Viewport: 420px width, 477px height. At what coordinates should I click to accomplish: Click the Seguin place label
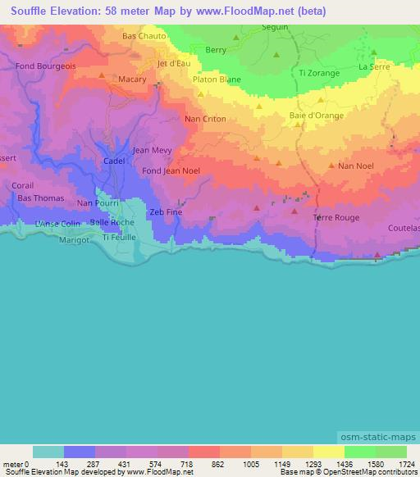coord(275,27)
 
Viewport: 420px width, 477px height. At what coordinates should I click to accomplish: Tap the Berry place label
coord(217,50)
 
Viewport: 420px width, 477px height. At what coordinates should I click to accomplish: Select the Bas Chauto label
coord(144,36)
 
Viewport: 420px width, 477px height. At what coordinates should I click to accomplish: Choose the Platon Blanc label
coord(216,80)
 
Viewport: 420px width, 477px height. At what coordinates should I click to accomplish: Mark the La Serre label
coord(373,67)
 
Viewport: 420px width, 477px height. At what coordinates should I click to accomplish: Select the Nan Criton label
coord(205,120)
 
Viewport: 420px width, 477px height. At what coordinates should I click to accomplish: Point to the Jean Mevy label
coord(152,150)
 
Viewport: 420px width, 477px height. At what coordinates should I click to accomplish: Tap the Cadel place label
coord(115,161)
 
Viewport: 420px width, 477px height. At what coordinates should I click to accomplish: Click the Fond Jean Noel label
coord(171,170)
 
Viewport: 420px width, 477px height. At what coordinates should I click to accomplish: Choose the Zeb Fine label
coord(164,211)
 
